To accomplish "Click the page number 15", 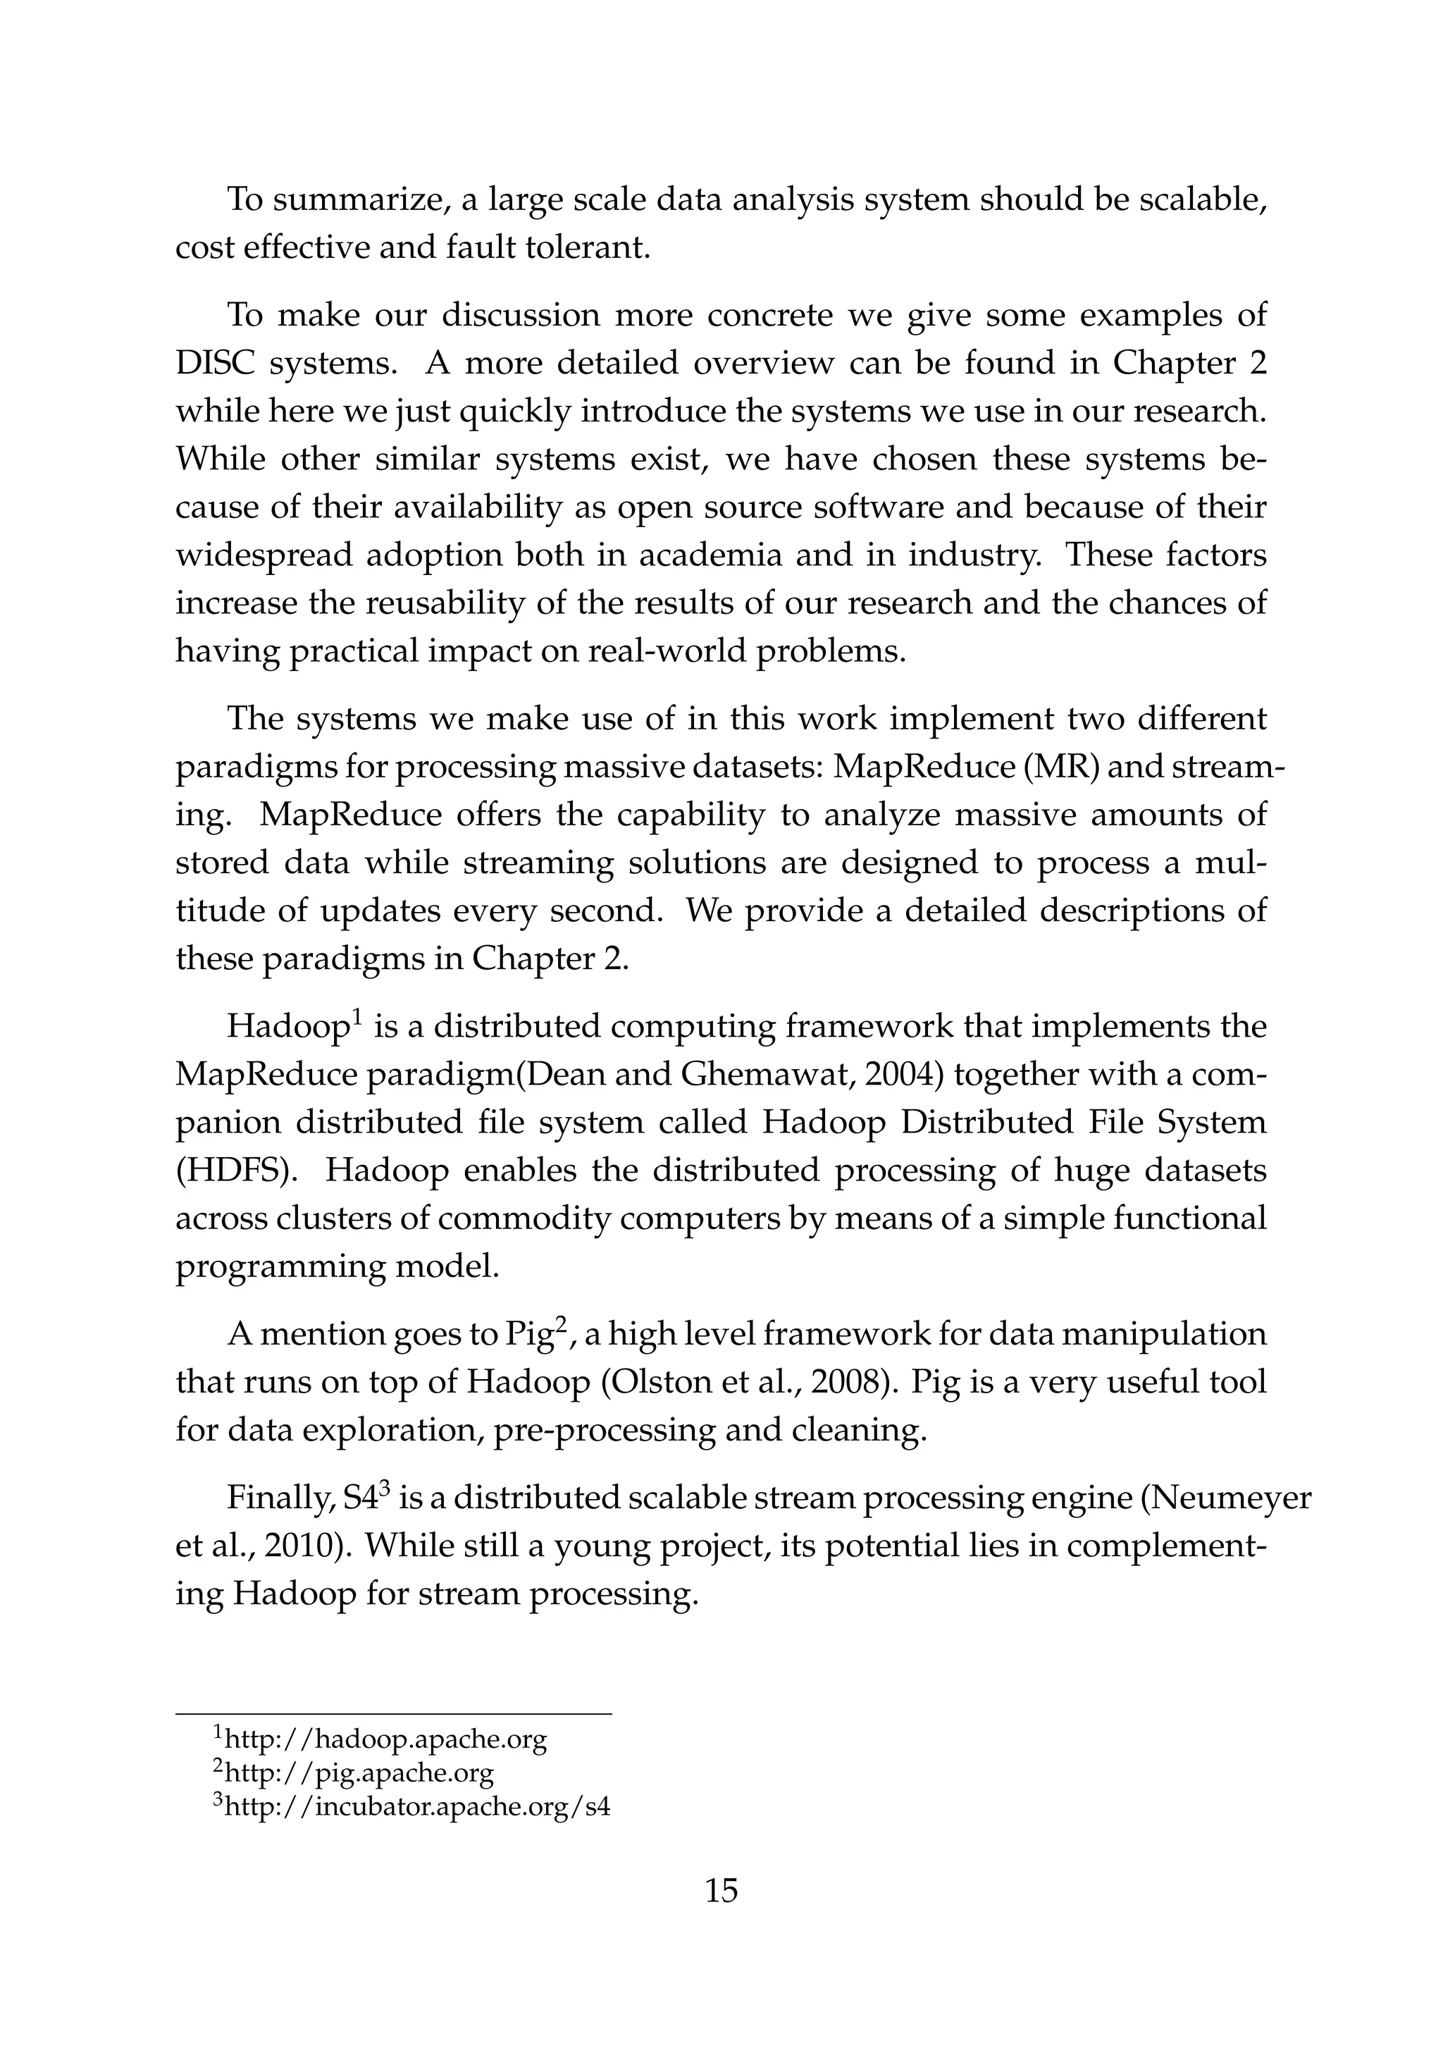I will tap(721, 1891).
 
